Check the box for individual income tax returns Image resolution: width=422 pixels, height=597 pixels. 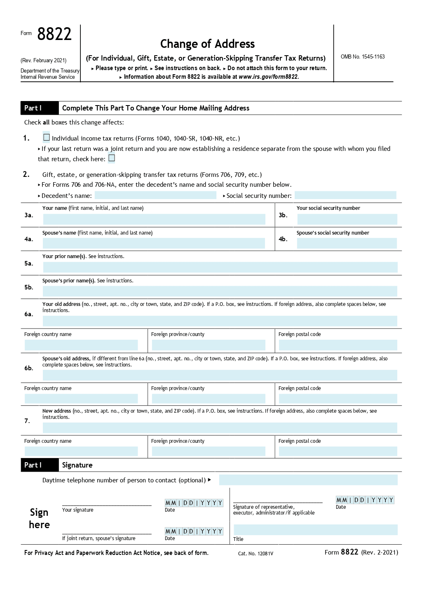click(47, 137)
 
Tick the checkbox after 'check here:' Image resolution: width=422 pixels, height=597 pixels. click(112, 158)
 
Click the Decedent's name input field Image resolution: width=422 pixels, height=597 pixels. click(155, 195)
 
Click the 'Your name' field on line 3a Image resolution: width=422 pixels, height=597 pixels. click(154, 219)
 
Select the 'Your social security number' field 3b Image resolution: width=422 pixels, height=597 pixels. click(347, 219)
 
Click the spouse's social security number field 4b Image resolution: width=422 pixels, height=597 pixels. click(347, 243)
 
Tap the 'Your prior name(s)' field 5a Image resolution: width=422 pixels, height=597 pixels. click(220, 267)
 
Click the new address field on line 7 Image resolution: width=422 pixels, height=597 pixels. click(220, 428)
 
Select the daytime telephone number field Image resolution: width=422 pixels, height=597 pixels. click(308, 480)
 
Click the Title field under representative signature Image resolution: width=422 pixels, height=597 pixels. click(315, 530)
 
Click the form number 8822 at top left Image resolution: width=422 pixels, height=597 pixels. click(54, 34)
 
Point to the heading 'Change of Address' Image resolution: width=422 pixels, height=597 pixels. click(207, 44)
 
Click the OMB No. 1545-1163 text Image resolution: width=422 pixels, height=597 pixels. click(363, 56)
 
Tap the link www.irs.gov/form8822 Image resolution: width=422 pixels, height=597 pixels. click(268, 77)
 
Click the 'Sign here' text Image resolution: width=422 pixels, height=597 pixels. click(39, 518)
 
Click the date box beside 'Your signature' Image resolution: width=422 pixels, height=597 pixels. click(194, 503)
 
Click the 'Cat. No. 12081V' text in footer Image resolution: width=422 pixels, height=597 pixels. click(256, 554)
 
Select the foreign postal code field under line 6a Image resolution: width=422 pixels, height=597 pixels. click(338, 345)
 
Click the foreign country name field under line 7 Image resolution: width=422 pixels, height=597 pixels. click(81, 451)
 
